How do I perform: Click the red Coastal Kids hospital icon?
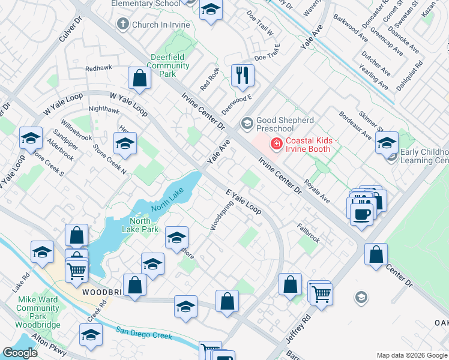click(276, 143)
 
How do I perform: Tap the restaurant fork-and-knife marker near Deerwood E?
click(243, 75)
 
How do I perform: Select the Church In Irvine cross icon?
click(123, 25)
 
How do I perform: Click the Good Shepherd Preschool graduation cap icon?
click(247, 124)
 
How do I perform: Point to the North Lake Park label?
click(140, 224)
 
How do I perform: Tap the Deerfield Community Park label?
click(169, 65)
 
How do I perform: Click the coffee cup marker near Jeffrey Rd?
click(361, 214)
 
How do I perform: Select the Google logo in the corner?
click(19, 353)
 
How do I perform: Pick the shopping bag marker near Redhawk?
click(139, 78)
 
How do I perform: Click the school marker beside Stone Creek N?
click(125, 144)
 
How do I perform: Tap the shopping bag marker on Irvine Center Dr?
click(376, 254)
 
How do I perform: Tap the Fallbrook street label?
click(309, 233)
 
